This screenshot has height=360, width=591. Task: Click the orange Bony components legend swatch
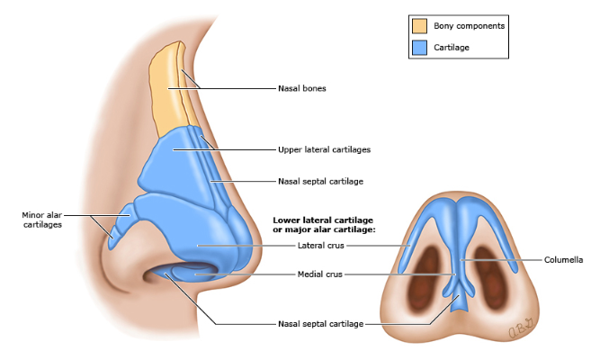pyautogui.click(x=419, y=25)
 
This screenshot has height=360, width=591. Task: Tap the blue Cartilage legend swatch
pyautogui.click(x=419, y=47)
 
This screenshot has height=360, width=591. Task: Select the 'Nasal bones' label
pyautogui.click(x=301, y=89)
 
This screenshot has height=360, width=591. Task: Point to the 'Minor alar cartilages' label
pyautogui.click(x=44, y=220)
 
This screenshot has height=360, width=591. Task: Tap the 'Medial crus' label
pyautogui.click(x=319, y=274)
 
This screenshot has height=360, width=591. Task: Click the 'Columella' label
pyautogui.click(x=563, y=261)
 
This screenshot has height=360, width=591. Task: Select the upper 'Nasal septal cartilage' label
pyautogui.click(x=320, y=181)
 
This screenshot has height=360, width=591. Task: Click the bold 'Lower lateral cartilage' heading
pyautogui.click(x=323, y=220)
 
